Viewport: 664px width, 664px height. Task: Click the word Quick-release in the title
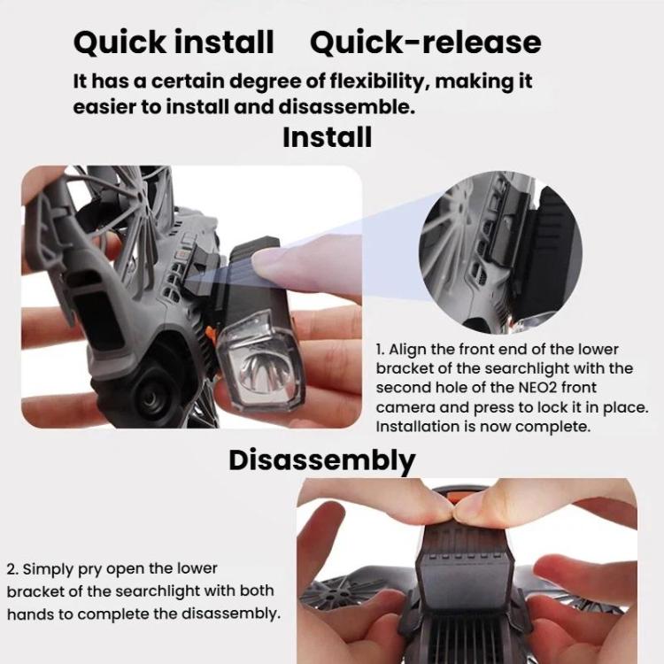pyautogui.click(x=426, y=42)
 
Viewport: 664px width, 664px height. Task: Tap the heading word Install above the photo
pyautogui.click(x=328, y=137)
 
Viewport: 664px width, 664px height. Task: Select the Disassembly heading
pyautogui.click(x=322, y=460)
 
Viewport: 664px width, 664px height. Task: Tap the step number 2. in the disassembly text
pyautogui.click(x=12, y=569)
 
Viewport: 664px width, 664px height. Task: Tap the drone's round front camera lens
pyautogui.click(x=151, y=397)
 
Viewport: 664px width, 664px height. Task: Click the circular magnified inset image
pyautogui.click(x=500, y=252)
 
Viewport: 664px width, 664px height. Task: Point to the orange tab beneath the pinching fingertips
pyautogui.click(x=454, y=497)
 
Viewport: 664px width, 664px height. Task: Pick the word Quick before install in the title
pyautogui.click(x=120, y=42)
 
